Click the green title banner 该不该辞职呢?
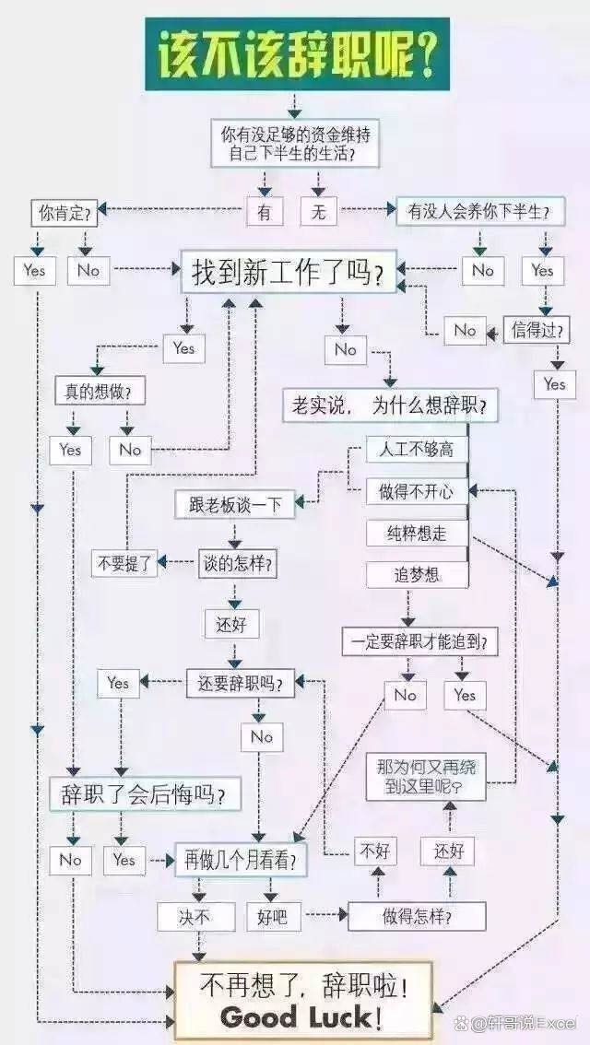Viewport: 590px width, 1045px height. point(297,53)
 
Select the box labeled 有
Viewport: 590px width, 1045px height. point(265,213)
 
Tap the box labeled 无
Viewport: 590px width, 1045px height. point(319,213)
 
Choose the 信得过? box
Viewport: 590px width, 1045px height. point(537,330)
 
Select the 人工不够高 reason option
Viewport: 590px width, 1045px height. point(417,450)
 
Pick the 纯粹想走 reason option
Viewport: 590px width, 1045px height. point(417,534)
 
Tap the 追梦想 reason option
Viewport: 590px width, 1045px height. point(417,574)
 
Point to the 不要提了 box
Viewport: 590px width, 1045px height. point(125,564)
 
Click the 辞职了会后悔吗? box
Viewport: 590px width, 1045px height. point(146,793)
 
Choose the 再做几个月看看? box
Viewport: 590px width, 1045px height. point(242,861)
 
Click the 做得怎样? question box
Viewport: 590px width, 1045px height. point(417,917)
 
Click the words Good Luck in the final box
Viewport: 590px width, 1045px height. point(295,1017)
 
